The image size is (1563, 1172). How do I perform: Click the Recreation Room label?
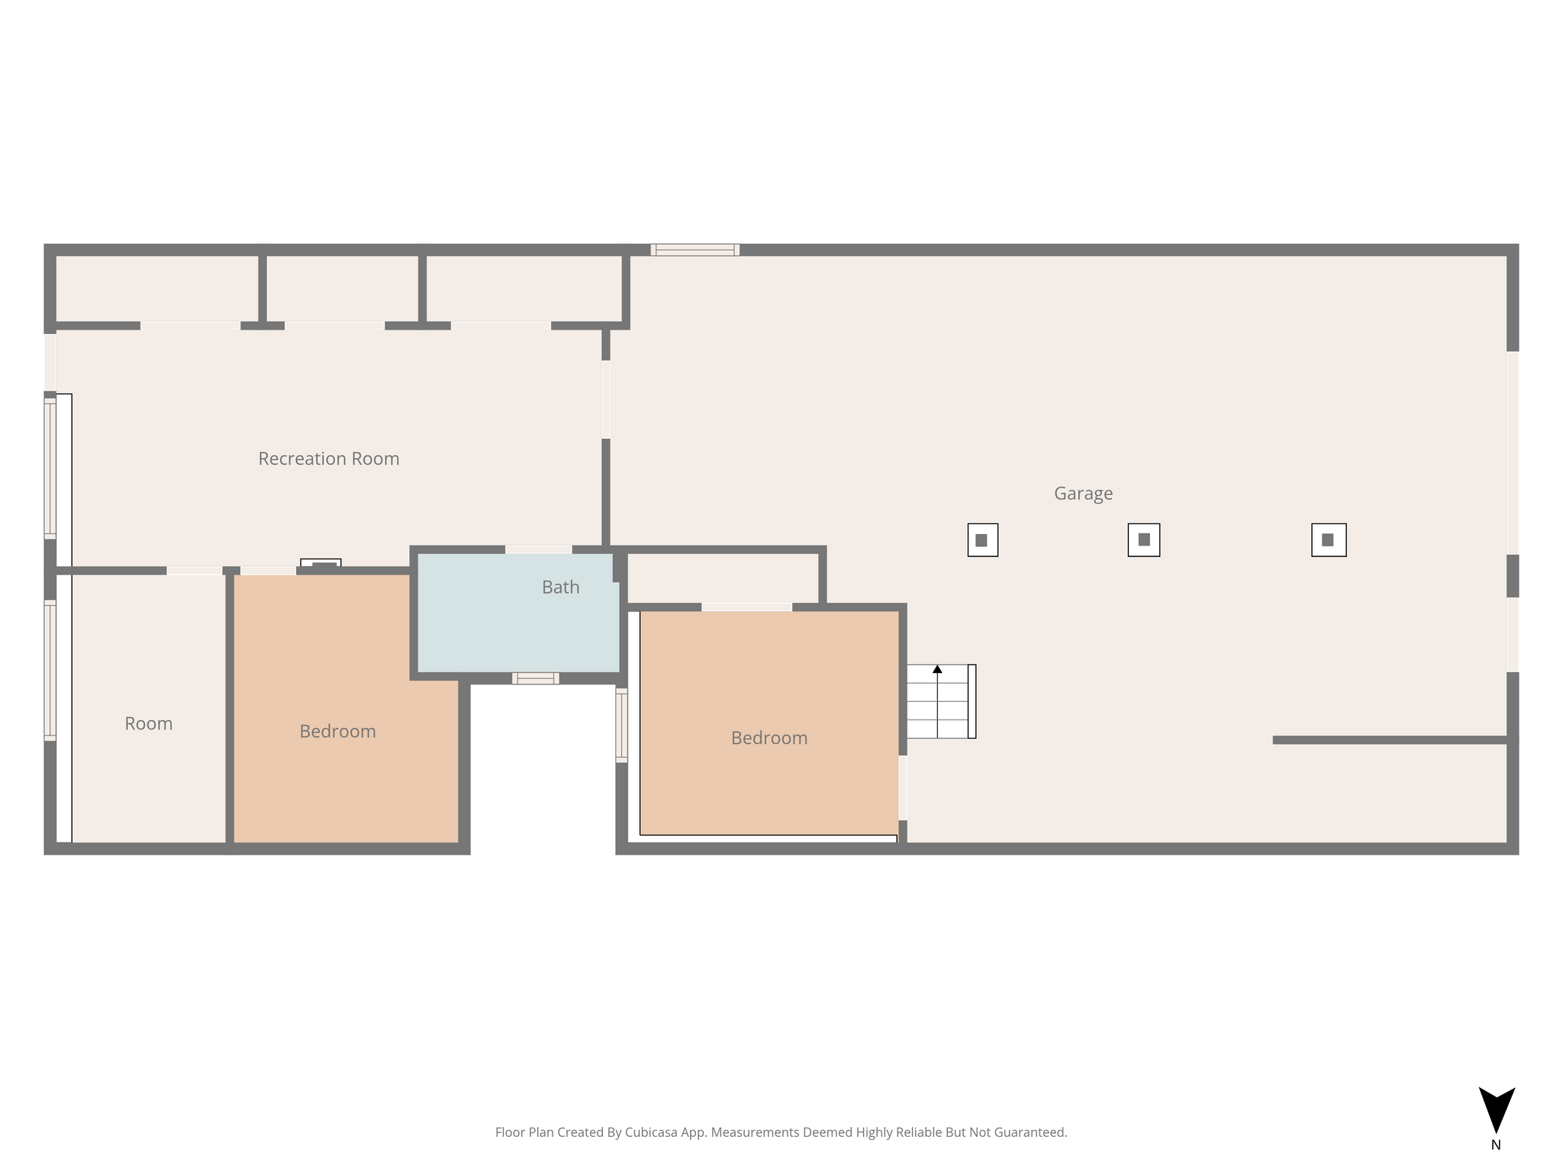pyautogui.click(x=329, y=459)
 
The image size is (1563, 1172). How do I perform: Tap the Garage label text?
pyautogui.click(x=1083, y=494)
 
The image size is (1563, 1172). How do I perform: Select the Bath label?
pyautogui.click(x=561, y=587)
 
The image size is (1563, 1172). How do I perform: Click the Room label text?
pyautogui.click(x=149, y=723)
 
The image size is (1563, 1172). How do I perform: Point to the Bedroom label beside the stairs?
pyautogui.click(x=769, y=738)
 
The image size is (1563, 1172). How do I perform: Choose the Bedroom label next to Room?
pyautogui.click(x=337, y=731)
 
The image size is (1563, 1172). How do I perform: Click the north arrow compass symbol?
pyautogui.click(x=1497, y=1109)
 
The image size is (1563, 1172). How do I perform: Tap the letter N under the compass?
pyautogui.click(x=1496, y=1145)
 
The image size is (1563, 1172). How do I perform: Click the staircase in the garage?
pyautogui.click(x=941, y=701)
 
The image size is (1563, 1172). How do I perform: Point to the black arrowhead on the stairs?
pyautogui.click(x=937, y=669)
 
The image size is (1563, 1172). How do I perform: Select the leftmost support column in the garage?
pyautogui.click(x=982, y=540)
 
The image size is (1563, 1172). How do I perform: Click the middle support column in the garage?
pyautogui.click(x=1144, y=540)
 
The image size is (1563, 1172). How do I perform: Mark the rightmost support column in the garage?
pyautogui.click(x=1329, y=540)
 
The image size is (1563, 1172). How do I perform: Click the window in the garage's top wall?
pyautogui.click(x=694, y=250)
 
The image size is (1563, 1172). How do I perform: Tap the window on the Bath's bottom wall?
pyautogui.click(x=536, y=678)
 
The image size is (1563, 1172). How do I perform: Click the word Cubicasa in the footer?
pyautogui.click(x=653, y=1132)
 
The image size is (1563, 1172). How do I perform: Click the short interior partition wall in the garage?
pyautogui.click(x=1391, y=740)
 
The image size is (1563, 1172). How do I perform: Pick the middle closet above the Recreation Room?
pyautogui.click(x=342, y=288)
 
